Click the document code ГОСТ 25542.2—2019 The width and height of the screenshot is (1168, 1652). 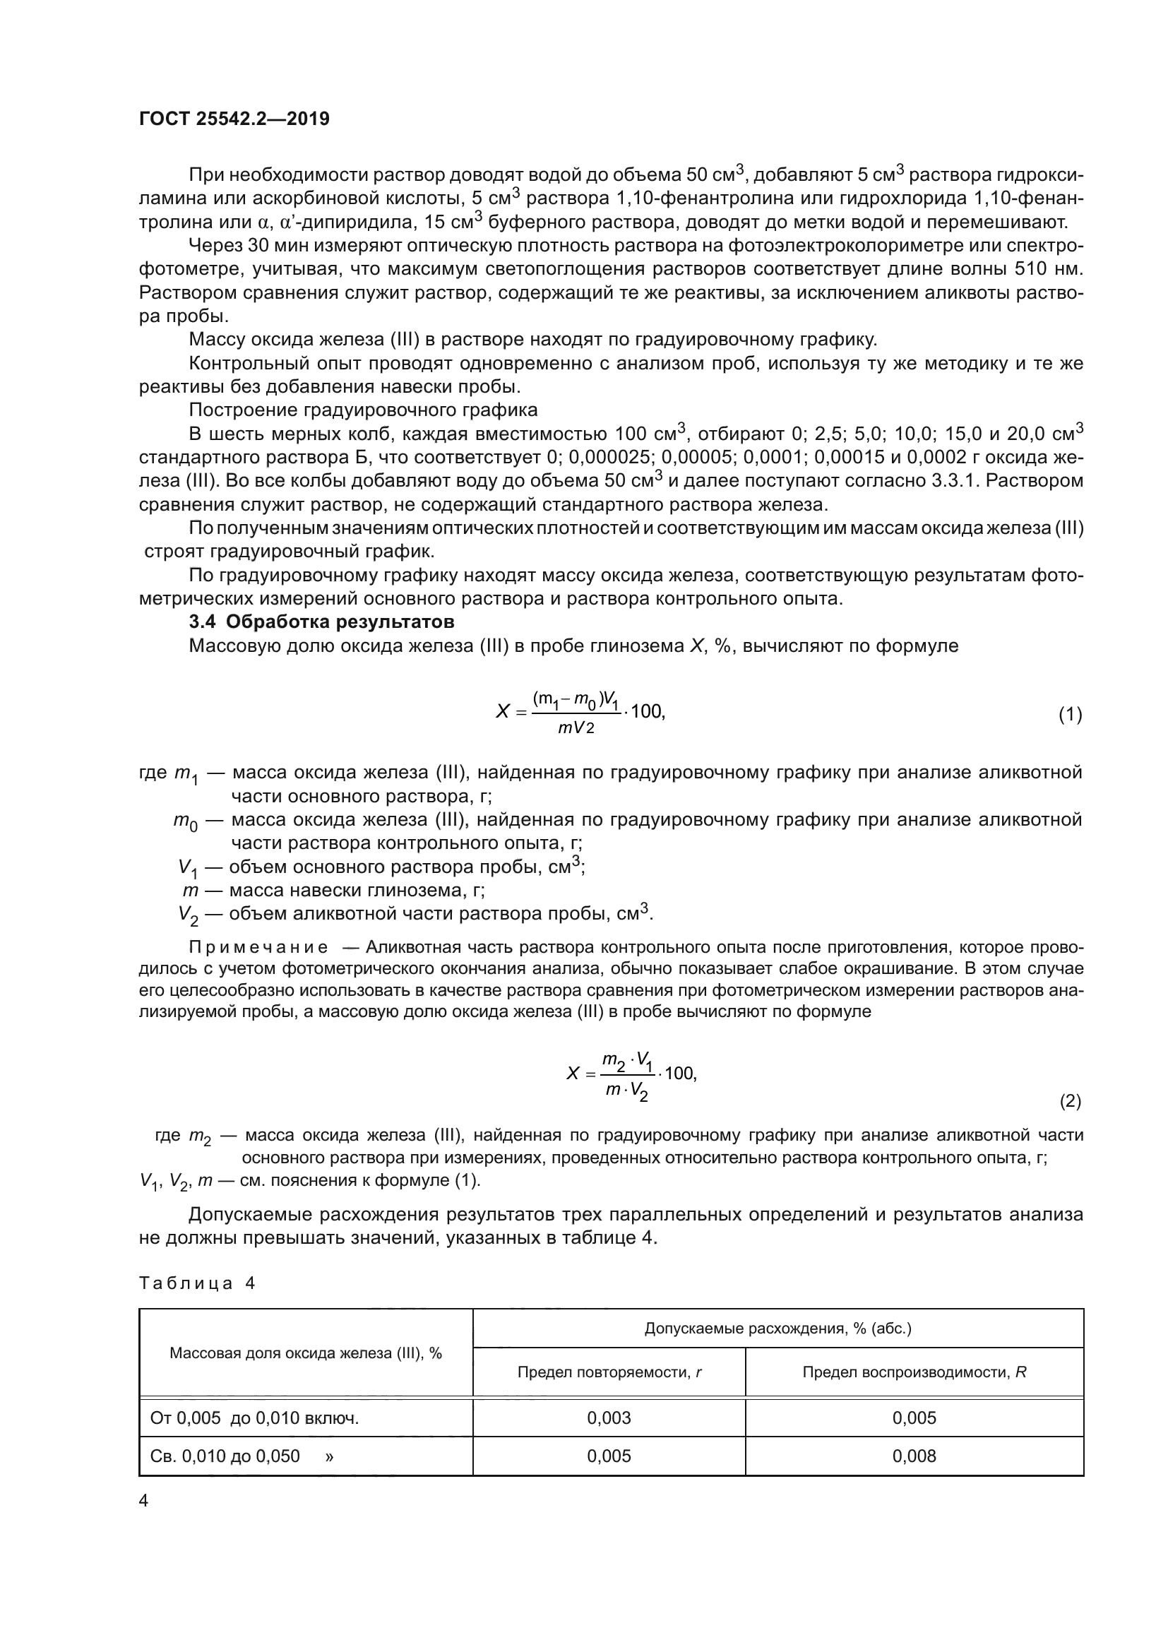234,119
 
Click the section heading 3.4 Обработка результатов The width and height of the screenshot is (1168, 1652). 321,621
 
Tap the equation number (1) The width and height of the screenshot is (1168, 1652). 1069,715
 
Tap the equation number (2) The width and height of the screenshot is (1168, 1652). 1069,1100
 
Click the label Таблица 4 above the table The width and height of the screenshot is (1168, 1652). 197,1283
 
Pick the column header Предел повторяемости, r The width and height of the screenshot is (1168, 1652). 609,1372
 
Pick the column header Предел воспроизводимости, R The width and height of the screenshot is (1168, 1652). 913,1372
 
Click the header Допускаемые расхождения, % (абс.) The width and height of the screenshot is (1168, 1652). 777,1328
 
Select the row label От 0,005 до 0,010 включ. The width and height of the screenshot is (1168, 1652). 254,1418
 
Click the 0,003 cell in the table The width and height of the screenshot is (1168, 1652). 609,1418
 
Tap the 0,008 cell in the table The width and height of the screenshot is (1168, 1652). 913,1456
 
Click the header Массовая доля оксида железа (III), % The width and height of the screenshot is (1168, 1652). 306,1353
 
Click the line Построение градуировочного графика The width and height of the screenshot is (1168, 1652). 363,410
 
